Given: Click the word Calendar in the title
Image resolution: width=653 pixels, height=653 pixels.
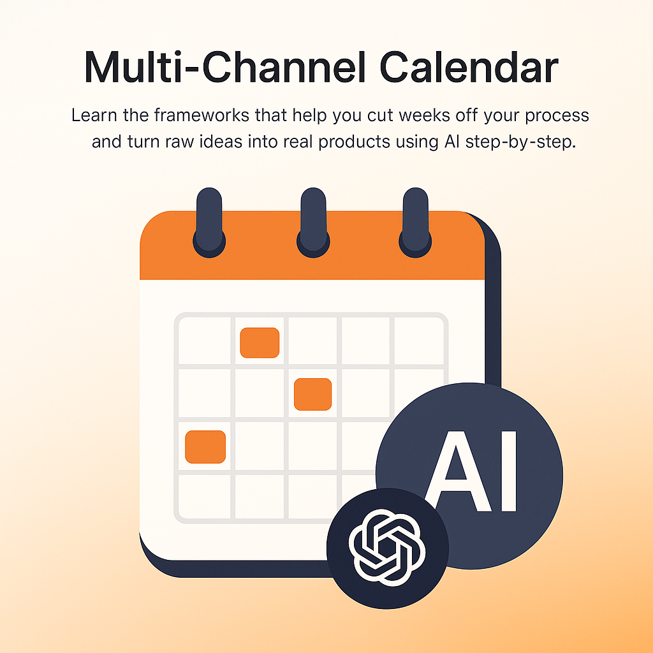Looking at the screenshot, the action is (x=469, y=68).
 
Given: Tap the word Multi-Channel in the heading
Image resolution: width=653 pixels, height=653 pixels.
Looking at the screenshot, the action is (x=225, y=68).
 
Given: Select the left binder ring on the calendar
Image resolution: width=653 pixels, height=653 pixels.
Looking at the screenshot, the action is (x=209, y=223).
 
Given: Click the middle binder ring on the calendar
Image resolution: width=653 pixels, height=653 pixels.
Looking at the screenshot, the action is (x=313, y=223).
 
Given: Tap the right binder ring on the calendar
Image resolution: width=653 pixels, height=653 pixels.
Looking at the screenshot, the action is (x=415, y=223).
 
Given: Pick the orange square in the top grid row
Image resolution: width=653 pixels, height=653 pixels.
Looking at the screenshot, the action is (x=260, y=342).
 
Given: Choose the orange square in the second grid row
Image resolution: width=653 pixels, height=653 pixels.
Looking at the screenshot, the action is (x=312, y=394).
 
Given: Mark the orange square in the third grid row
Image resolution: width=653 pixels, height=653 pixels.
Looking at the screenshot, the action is (x=205, y=447).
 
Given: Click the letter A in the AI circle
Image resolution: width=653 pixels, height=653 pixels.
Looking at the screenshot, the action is (x=456, y=471).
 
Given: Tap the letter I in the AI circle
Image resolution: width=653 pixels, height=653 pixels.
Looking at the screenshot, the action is (x=509, y=471).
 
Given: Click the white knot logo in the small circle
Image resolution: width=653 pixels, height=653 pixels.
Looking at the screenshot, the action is (x=387, y=548).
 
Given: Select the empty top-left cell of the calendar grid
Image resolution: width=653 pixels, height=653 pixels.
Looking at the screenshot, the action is (x=205, y=341).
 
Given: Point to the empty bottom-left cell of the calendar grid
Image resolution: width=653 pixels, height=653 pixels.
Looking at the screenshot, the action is (x=205, y=496).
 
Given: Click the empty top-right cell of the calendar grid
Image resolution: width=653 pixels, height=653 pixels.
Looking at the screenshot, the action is (x=418, y=341).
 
